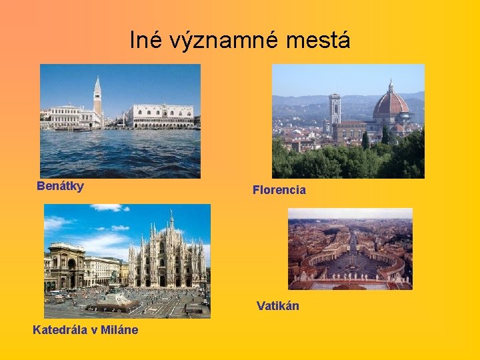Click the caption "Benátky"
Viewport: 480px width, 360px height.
tap(61, 186)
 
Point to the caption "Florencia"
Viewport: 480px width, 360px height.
tap(279, 190)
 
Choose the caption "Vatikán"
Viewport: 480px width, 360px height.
tap(278, 306)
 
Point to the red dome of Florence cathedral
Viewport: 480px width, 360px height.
tap(391, 103)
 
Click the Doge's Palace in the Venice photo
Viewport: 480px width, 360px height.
tap(163, 116)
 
